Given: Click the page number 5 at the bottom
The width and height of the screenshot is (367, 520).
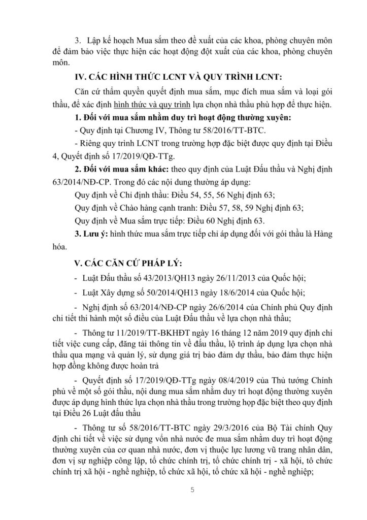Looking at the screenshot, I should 183,490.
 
